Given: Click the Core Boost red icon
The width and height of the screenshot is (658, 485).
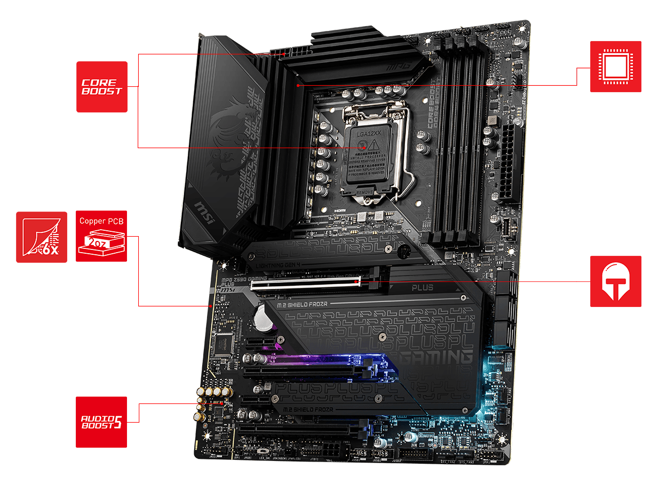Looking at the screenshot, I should [102, 87].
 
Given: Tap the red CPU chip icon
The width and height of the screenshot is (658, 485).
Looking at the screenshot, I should [616, 67].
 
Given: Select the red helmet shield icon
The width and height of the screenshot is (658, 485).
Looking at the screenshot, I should [615, 281].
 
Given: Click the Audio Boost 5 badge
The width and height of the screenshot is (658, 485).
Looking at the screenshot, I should [101, 422].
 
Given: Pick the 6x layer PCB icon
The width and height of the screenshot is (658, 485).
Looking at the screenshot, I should [42, 237].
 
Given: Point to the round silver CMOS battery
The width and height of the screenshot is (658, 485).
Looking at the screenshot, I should [263, 316].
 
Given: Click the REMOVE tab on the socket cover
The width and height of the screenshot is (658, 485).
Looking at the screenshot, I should [364, 191].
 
